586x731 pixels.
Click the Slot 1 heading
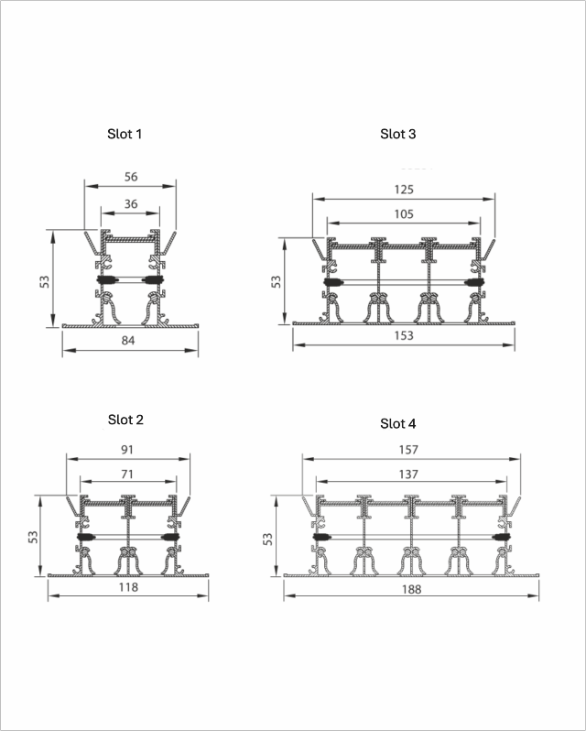[125, 134]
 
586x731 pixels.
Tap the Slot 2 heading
[125, 420]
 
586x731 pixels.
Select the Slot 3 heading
[397, 134]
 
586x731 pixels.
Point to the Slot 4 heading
[397, 423]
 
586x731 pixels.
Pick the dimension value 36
[131, 204]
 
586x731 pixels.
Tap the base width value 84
[129, 342]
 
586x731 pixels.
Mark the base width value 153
[403, 336]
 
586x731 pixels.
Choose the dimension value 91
[128, 449]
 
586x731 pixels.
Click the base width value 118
[128, 587]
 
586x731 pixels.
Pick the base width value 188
[411, 590]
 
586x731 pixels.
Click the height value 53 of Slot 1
[44, 280]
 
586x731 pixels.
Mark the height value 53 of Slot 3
[277, 280]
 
